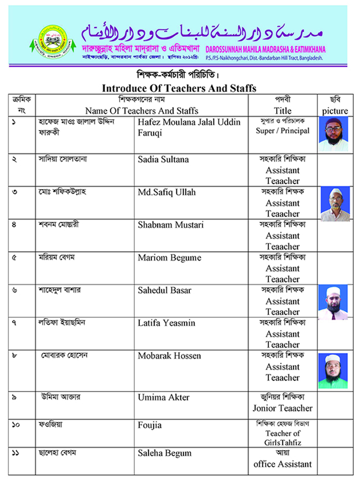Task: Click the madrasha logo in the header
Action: (49, 39)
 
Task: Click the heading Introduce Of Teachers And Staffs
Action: (179, 88)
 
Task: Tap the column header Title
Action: (282, 110)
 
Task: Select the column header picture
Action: (335, 110)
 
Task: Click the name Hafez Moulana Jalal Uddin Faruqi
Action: (189, 127)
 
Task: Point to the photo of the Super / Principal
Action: (333, 134)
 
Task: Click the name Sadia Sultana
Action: (163, 159)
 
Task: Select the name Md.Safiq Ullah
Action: (166, 192)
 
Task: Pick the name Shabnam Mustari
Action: (171, 225)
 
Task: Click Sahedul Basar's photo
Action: (333, 302)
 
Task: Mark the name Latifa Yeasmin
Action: (166, 323)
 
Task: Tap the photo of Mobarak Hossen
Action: (333, 371)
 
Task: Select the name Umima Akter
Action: (163, 398)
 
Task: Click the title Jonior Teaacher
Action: (282, 408)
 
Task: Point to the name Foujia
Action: (150, 425)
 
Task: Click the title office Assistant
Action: (282, 464)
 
